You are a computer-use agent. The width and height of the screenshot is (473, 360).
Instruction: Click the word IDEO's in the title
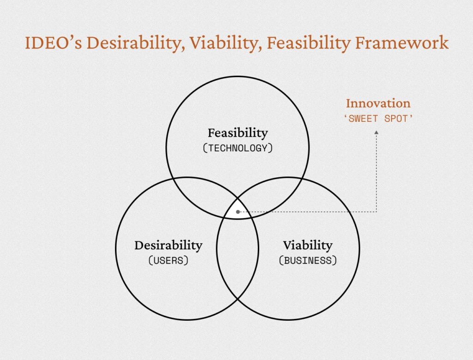(53, 42)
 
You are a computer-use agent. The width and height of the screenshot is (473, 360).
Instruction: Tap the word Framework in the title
(402, 42)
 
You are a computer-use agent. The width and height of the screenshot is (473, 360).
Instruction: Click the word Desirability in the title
(135, 43)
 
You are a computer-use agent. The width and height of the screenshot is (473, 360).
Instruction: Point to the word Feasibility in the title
(308, 43)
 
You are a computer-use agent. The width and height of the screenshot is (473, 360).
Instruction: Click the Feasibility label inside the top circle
(238, 133)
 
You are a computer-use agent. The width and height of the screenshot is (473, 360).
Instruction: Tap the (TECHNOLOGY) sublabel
(238, 148)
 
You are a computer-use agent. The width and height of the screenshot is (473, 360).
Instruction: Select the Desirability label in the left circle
(168, 246)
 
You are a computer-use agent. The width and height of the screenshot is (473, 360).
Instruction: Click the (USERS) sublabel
(168, 260)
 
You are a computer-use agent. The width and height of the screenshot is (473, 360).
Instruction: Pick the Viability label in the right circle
(308, 246)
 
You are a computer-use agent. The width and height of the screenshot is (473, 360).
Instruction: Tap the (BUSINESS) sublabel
(308, 260)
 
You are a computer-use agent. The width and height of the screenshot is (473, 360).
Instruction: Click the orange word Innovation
(378, 103)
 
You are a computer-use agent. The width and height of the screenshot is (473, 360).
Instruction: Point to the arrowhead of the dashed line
(376, 132)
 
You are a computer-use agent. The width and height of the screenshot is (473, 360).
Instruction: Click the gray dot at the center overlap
(238, 212)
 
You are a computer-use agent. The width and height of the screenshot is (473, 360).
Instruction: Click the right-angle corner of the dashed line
(376, 212)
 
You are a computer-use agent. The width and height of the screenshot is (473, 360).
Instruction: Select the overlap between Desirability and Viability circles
(238, 256)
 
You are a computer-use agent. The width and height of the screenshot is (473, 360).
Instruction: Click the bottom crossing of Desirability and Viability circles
(238, 299)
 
